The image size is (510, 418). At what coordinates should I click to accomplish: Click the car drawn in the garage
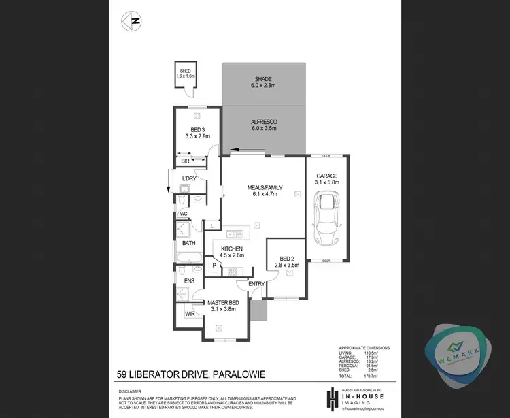tap(327, 218)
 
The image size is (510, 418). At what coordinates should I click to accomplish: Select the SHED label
tap(185, 71)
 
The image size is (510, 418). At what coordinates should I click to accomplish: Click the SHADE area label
tap(263, 79)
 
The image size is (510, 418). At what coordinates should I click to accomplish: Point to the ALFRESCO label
tap(264, 122)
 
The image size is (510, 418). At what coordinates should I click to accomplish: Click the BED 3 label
tap(198, 129)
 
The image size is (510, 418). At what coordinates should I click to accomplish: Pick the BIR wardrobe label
tap(185, 161)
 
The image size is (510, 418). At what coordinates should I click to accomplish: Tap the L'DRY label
tap(189, 178)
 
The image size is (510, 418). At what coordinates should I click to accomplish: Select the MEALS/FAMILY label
tap(264, 188)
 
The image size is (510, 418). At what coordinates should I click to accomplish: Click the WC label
tap(184, 214)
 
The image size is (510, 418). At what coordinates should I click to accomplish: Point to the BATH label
tap(188, 242)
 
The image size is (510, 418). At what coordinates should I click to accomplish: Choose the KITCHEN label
tap(231, 249)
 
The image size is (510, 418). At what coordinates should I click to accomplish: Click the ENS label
tap(189, 280)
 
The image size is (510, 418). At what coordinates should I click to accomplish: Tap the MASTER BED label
tap(223, 302)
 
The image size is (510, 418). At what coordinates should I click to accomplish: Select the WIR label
tap(190, 314)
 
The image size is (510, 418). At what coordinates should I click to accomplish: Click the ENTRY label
tap(256, 284)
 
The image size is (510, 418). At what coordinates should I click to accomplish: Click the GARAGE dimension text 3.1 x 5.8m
tap(326, 182)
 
